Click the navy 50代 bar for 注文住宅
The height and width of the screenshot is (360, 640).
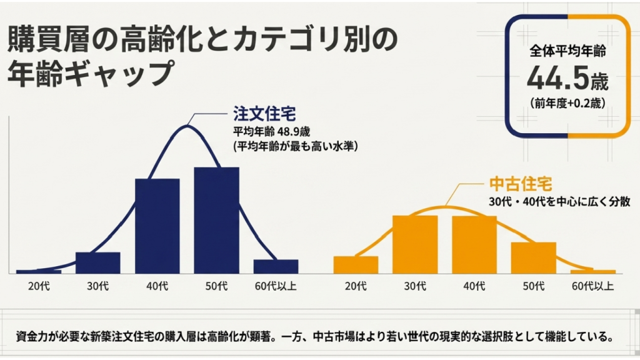(216, 220)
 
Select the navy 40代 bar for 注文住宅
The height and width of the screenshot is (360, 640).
(157, 226)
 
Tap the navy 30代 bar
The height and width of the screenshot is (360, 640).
(97, 262)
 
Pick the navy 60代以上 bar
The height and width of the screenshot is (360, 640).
(276, 266)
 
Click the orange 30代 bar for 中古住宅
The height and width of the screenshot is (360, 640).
(414, 244)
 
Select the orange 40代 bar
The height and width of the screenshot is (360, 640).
(474, 244)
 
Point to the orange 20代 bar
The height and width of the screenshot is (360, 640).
(356, 264)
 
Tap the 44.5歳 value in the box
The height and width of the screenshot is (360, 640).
(567, 77)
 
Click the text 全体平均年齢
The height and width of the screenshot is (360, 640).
(567, 51)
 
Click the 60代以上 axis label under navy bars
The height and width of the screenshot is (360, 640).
(276, 287)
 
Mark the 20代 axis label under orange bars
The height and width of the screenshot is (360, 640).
(356, 287)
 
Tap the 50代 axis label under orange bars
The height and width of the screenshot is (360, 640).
(533, 287)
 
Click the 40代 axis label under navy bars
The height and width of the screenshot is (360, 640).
(157, 287)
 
